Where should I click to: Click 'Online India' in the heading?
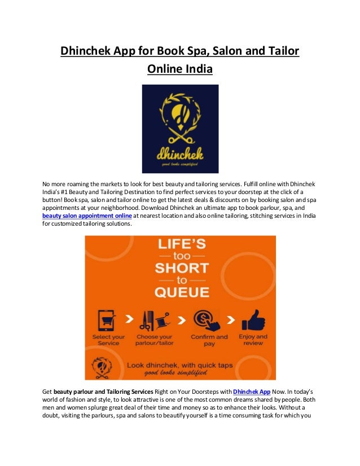pyautogui.click(x=180, y=69)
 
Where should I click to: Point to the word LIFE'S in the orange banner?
pyautogui.click(x=179, y=248)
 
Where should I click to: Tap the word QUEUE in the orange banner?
pyautogui.click(x=180, y=292)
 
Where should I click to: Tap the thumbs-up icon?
pyautogui.click(x=253, y=319)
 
